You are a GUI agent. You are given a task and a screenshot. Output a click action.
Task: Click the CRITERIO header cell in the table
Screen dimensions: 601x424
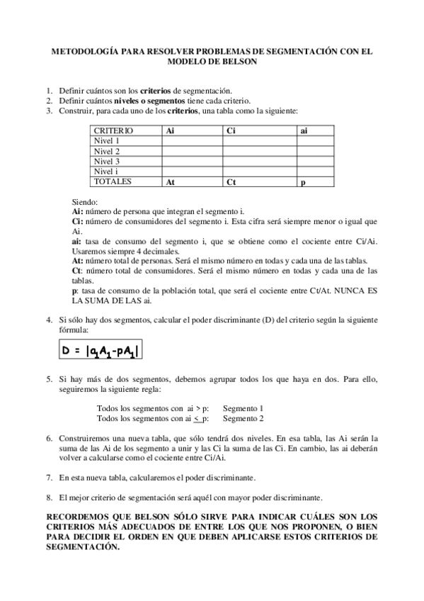coord(113,131)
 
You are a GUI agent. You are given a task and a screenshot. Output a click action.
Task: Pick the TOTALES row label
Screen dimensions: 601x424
coord(114,181)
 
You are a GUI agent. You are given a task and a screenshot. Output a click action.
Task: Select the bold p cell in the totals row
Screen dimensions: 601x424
coord(302,182)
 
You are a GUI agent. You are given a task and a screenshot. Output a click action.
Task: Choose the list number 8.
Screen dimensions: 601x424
coord(48,497)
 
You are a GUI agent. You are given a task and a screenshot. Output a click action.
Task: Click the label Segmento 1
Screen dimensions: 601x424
coord(243,409)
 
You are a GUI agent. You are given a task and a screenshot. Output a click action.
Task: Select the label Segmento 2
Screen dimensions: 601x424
coord(243,419)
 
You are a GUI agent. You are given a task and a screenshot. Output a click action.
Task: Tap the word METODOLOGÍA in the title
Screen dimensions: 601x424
coord(86,52)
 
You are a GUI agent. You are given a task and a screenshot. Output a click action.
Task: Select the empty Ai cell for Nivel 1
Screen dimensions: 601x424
coord(192,141)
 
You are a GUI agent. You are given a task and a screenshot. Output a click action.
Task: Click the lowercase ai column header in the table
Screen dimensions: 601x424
coord(304,131)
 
